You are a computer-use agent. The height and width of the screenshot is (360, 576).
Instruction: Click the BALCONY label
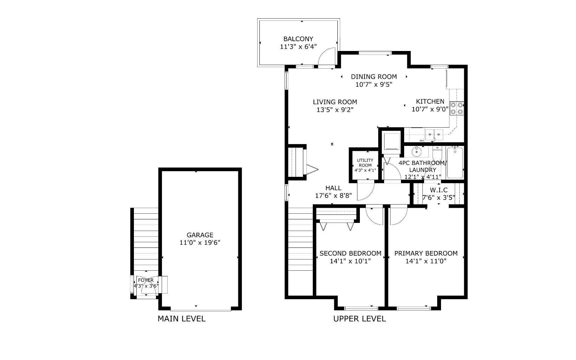(298, 39)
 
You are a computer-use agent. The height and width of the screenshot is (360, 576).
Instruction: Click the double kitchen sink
(433, 134)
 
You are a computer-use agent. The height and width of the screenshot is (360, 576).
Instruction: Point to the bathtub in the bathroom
(455, 163)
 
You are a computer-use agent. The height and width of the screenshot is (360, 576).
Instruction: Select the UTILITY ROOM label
(365, 163)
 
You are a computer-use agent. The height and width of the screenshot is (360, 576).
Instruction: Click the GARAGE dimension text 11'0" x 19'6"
(200, 243)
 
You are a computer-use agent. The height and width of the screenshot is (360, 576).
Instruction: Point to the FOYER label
(145, 280)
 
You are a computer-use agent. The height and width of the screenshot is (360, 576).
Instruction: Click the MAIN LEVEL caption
(181, 319)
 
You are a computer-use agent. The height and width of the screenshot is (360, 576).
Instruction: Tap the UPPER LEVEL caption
(359, 319)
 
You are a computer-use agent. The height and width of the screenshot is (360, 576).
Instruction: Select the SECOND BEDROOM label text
(350, 253)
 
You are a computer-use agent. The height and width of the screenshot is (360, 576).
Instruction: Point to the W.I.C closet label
(439, 190)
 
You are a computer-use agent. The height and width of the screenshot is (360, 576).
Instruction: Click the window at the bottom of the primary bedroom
(414, 309)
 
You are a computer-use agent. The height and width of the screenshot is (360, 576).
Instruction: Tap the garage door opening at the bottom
(201, 310)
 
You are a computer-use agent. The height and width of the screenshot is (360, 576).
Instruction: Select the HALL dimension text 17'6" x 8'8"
(333, 196)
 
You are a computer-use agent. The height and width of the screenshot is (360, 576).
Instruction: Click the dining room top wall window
(375, 53)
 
